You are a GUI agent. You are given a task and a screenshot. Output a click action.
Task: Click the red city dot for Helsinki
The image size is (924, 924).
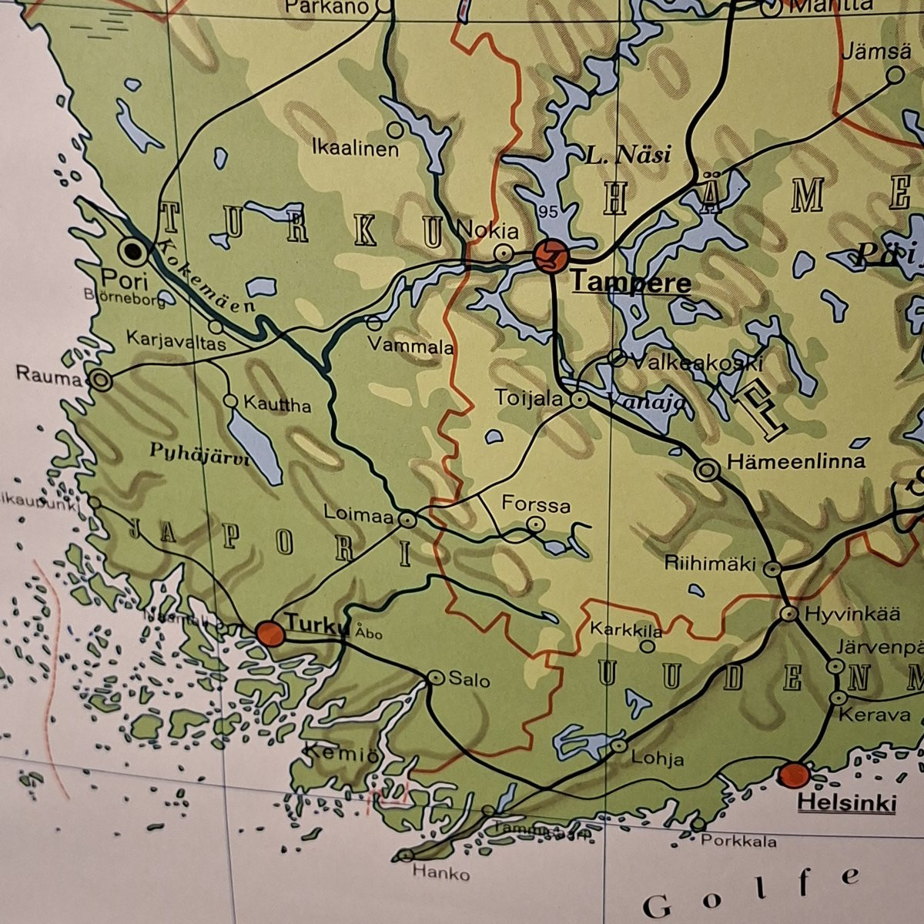point(794,774)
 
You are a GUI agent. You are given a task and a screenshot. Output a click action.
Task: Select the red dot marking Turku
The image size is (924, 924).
point(270,633)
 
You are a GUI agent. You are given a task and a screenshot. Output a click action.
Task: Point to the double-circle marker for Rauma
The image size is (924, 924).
point(101,380)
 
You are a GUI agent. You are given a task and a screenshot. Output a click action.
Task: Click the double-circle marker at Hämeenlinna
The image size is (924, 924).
point(708,469)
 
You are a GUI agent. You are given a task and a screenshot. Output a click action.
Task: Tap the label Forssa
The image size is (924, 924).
point(536,505)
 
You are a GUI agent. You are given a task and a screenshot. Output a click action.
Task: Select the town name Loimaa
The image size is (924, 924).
point(358,513)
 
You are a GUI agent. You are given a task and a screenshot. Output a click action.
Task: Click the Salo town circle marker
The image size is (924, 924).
point(436,678)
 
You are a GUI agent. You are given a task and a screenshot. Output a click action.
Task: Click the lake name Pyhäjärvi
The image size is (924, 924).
point(189,454)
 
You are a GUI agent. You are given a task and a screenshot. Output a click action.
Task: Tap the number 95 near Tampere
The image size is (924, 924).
point(549,211)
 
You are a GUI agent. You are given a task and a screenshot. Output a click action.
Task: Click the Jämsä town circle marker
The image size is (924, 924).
point(895,75)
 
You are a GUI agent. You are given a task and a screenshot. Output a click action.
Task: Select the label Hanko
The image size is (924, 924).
point(441,874)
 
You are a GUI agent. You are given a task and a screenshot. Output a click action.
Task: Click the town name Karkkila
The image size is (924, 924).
point(626,630)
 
